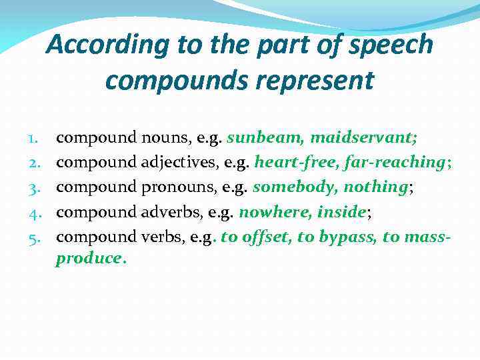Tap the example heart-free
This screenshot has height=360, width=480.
287,163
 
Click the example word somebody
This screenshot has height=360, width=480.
294,187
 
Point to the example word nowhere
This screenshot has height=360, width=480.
275,212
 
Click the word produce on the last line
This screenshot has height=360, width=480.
89,259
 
